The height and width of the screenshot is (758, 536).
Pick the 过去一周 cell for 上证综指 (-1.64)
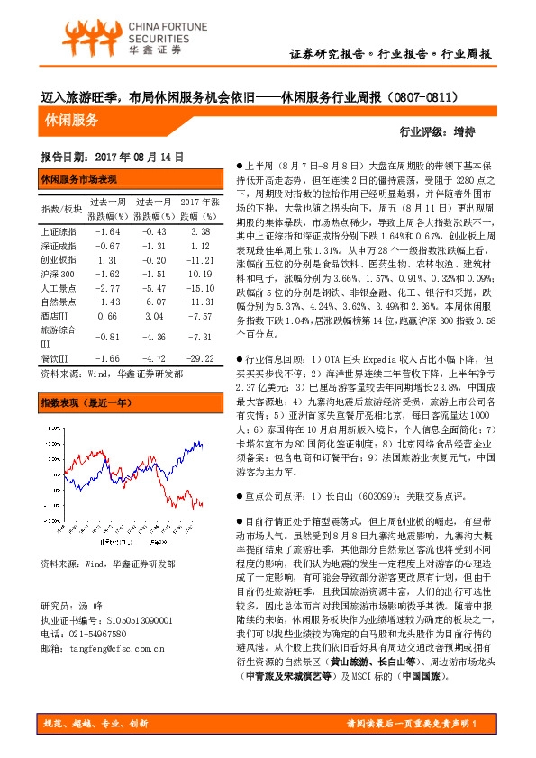pyautogui.click(x=107, y=231)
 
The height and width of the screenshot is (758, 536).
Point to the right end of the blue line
pyautogui.click(x=202, y=443)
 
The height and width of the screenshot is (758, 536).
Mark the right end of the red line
pyautogui.click(x=203, y=505)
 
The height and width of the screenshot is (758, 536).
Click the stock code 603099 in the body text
pyautogui.click(x=386, y=496)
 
